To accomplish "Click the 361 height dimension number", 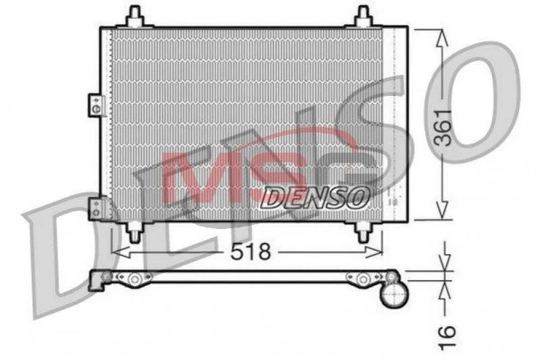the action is (443, 128).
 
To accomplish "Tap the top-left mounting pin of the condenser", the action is (134, 16).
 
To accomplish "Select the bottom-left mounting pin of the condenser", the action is (134, 231).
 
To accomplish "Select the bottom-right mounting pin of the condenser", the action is (364, 231).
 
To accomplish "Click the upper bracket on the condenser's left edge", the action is (96, 105).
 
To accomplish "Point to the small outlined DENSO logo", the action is (314, 198).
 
